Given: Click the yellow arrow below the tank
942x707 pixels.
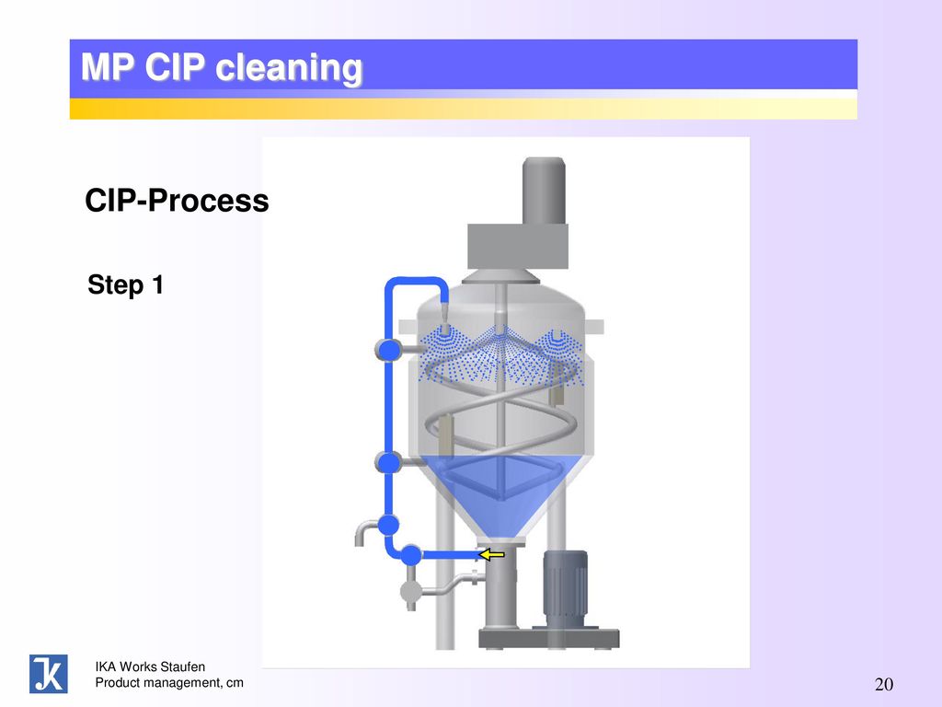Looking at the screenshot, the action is click(x=491, y=554).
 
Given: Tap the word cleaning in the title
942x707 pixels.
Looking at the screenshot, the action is click(x=289, y=67).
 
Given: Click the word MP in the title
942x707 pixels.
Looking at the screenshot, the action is click(x=107, y=66).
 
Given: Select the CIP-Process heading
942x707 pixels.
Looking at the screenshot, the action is click(x=177, y=200).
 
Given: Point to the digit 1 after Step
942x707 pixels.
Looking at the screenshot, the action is click(x=158, y=284).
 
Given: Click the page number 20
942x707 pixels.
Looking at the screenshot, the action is click(x=884, y=684).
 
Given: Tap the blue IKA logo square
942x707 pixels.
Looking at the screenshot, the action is click(x=49, y=674).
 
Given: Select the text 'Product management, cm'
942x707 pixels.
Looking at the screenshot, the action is click(x=169, y=683).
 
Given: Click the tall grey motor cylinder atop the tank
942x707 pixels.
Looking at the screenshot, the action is click(x=544, y=191).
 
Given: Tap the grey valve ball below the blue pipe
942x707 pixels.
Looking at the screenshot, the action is click(x=411, y=592).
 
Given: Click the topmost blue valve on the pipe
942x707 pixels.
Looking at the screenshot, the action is click(x=389, y=349).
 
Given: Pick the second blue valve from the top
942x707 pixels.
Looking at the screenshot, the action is click(x=389, y=462).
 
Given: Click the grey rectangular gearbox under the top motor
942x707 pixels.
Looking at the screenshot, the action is click(x=518, y=247).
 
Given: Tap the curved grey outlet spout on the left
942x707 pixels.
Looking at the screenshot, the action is click(x=365, y=531).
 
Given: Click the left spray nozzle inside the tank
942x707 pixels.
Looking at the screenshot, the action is click(x=444, y=330).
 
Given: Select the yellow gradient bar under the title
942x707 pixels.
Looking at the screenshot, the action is click(x=464, y=109).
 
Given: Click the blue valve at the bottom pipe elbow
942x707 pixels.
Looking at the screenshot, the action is click(x=411, y=554).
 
